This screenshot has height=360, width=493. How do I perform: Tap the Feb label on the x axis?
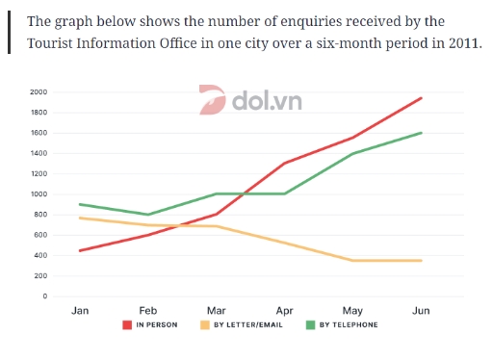click(x=148, y=312)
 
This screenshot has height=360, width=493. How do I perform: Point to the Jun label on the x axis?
click(x=421, y=312)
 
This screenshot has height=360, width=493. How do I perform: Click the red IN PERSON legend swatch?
click(x=127, y=325)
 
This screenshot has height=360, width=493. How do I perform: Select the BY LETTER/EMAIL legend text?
click(x=252, y=325)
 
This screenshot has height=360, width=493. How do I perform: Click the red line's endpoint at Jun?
click(x=421, y=98)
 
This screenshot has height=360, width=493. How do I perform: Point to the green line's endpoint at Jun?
click(x=421, y=133)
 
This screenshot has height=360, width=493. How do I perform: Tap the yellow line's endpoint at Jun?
click(x=421, y=260)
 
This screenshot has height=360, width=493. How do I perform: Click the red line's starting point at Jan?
click(x=80, y=250)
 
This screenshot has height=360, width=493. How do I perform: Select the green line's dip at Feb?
click(x=148, y=215)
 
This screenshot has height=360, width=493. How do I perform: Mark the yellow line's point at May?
click(x=353, y=260)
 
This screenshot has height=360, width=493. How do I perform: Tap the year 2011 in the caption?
click(x=459, y=43)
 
